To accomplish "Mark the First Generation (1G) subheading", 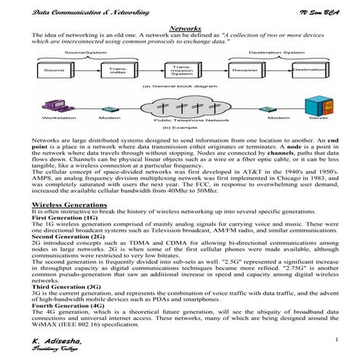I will pyautogui.click(x=65, y=218).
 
